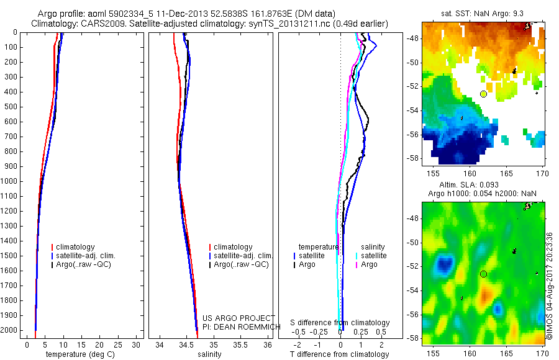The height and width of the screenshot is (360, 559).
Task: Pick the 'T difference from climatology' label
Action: click(340, 354)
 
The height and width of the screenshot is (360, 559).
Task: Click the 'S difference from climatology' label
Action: click(340, 323)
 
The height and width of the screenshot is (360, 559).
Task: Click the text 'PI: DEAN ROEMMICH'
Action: click(241, 326)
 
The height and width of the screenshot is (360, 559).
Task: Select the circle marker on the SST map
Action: click(483, 94)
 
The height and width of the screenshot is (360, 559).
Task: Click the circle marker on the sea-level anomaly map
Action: click(483, 274)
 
